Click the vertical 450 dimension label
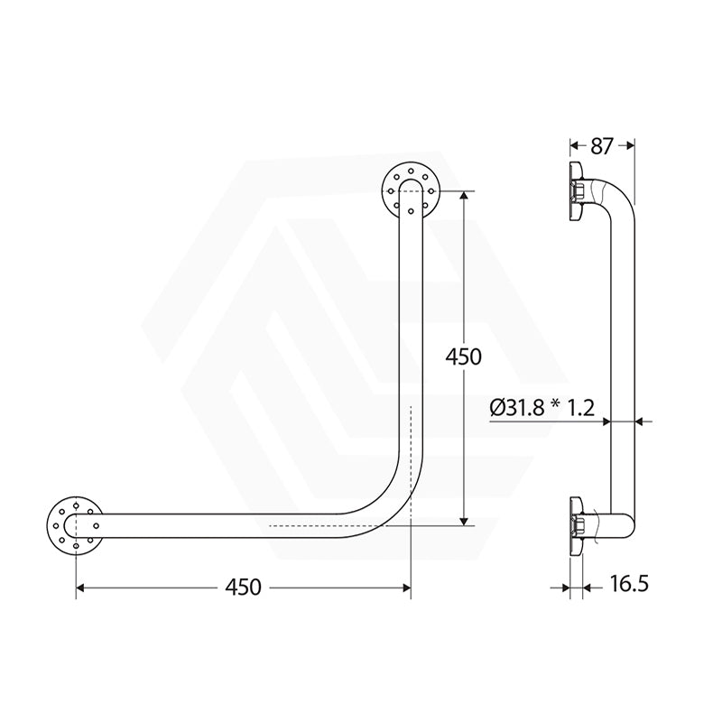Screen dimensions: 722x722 pyautogui.click(x=465, y=356)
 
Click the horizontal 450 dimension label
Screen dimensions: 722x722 pyautogui.click(x=243, y=588)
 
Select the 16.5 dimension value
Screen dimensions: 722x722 pyautogui.click(x=628, y=583)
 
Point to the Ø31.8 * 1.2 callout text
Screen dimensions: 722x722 pyautogui.click(x=541, y=408)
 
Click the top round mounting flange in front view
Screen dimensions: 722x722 pyautogui.click(x=411, y=190)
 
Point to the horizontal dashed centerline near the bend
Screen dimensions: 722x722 pyautogui.click(x=334, y=524)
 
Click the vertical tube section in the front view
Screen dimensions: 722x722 pyautogui.click(x=411, y=343)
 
